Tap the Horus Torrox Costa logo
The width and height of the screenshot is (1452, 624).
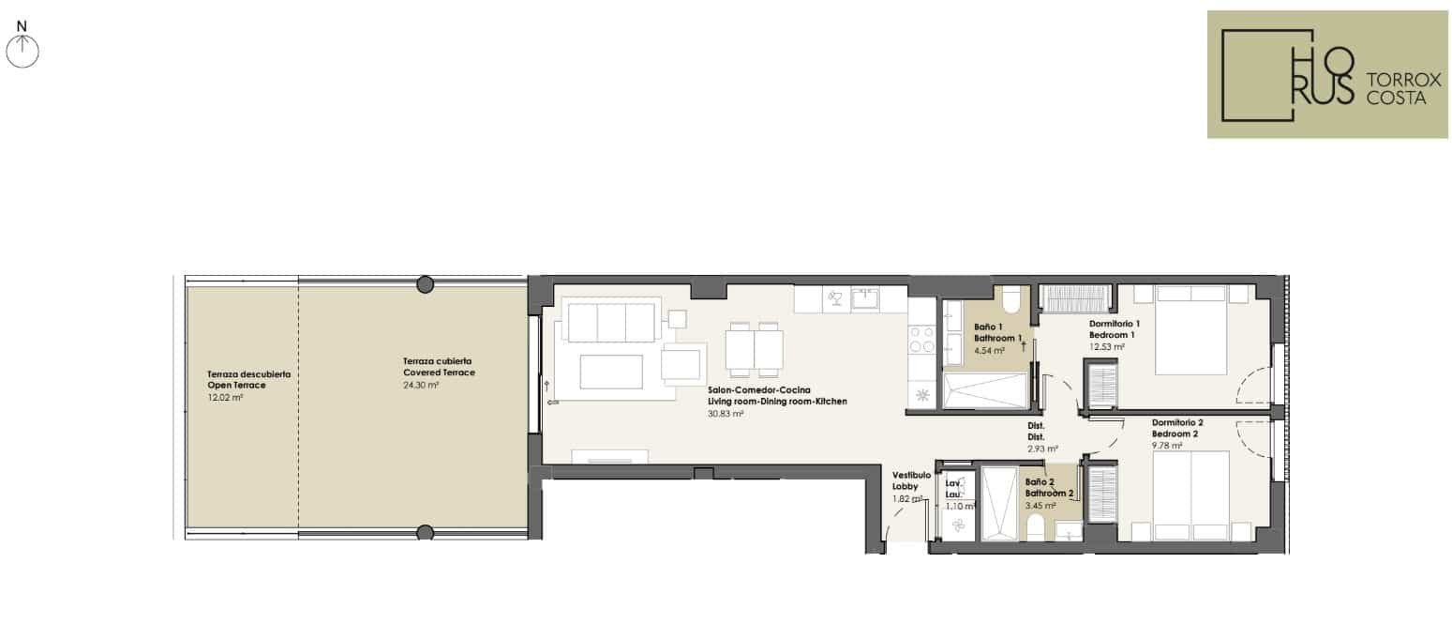tap(1327, 74)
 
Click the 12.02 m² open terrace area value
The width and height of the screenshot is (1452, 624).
tap(225, 397)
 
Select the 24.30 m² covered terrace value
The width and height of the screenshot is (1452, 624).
tap(421, 385)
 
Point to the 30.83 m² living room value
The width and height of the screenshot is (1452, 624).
tap(726, 413)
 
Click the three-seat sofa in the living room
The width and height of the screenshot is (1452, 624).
tap(611, 320)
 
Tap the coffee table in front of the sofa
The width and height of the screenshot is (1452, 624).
tap(610, 373)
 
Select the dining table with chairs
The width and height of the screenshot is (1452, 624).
tap(755, 349)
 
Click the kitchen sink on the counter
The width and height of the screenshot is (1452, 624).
tap(864, 299)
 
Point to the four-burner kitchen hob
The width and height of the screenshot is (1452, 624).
tap(921, 340)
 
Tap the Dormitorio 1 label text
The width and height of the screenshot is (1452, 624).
tap(1115, 324)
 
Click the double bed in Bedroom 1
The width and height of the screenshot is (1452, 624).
tap(1190, 330)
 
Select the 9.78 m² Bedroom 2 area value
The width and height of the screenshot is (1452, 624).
tap(1167, 446)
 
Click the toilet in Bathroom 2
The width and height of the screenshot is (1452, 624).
tap(1035, 528)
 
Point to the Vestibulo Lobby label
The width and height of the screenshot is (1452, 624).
tap(911, 480)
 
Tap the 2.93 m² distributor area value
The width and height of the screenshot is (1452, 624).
tap(1042, 449)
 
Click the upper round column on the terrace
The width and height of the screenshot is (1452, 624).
tap(425, 284)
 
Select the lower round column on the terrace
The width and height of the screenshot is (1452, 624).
tap(425, 533)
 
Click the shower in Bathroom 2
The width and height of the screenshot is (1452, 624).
tap(999, 503)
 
